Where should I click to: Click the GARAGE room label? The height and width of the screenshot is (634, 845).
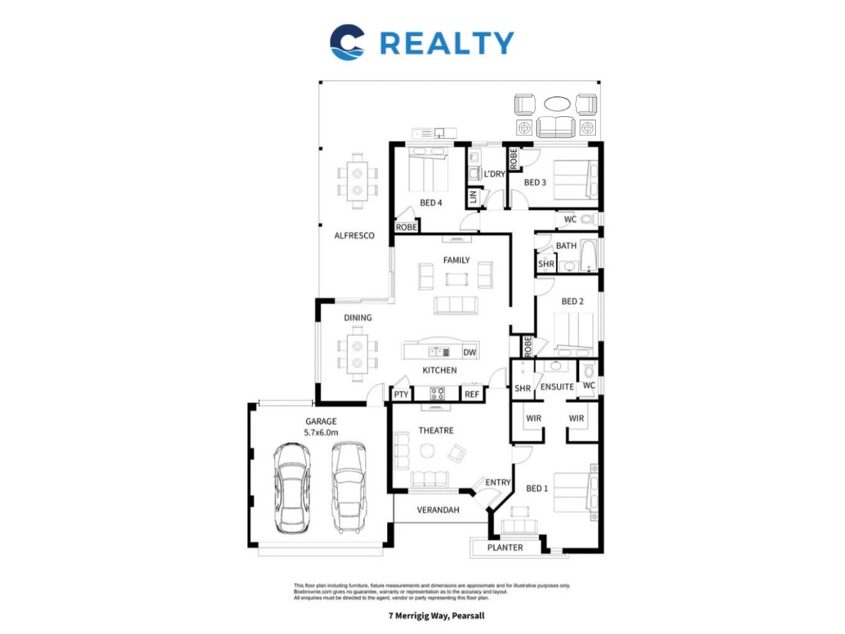click(x=321, y=421)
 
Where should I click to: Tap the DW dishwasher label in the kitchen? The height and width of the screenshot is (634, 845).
click(x=469, y=352)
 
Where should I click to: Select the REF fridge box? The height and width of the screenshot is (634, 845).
click(x=472, y=394)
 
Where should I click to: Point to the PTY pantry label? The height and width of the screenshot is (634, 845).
click(x=401, y=395)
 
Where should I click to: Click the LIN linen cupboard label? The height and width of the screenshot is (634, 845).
click(x=473, y=196)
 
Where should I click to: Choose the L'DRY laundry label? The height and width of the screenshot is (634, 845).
click(x=494, y=174)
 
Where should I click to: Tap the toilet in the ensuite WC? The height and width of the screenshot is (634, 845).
click(x=588, y=371)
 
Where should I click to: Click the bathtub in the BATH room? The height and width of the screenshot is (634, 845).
click(x=588, y=255)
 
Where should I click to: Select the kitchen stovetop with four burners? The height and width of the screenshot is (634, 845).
click(x=437, y=393)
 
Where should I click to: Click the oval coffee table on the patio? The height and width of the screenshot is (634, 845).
click(x=556, y=104)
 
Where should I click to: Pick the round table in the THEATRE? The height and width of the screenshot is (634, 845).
click(x=427, y=451)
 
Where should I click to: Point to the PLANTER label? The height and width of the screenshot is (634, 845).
click(x=505, y=548)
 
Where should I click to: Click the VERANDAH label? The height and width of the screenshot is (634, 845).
click(x=437, y=510)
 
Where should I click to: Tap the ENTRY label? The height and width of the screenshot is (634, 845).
click(x=498, y=482)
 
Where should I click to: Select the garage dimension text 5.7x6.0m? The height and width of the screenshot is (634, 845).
click(x=321, y=432)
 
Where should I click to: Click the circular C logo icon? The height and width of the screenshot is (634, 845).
click(x=347, y=42)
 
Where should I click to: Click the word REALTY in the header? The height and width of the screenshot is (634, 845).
click(x=447, y=43)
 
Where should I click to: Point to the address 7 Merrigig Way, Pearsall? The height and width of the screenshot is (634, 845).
click(x=436, y=615)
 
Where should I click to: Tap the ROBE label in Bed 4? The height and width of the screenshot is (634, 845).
click(x=406, y=227)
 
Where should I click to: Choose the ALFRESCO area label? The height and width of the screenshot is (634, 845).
click(x=354, y=236)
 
